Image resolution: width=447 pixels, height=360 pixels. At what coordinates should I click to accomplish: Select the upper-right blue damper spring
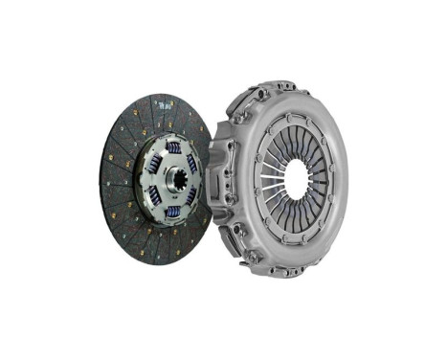click(192, 162)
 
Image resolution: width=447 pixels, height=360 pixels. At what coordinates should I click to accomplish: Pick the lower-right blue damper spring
click(191, 194)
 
